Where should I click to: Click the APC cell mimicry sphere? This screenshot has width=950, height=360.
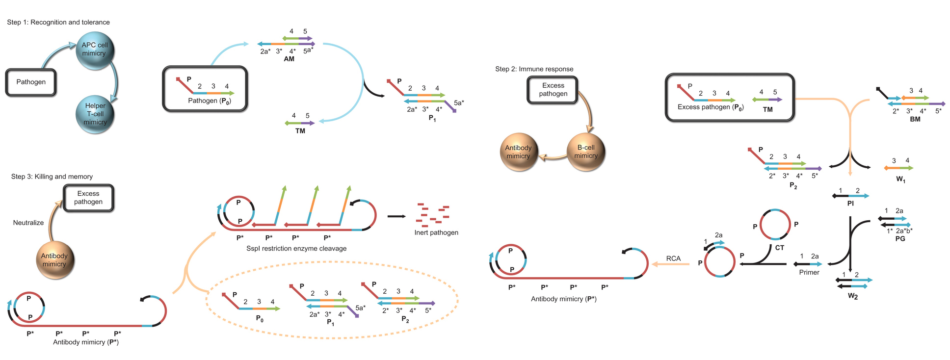point(95,50)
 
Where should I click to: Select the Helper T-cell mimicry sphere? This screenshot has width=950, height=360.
point(95,114)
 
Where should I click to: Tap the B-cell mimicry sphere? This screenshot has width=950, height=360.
point(586,152)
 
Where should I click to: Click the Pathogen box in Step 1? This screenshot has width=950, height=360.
point(31,82)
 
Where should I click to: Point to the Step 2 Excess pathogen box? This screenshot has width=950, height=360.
point(553,90)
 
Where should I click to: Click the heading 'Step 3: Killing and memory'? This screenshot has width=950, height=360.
point(52,177)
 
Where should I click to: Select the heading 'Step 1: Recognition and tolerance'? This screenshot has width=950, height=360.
point(58,22)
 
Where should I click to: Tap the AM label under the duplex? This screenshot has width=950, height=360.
point(289,59)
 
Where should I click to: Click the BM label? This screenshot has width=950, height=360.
point(915,119)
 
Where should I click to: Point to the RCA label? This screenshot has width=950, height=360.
point(673,258)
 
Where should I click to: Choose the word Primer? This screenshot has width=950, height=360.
point(809,272)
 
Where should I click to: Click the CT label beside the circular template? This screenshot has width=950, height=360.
point(780,248)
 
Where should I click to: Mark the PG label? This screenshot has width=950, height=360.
point(900,238)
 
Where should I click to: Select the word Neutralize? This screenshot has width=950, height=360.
point(28,223)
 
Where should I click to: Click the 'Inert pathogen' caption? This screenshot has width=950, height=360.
point(436,232)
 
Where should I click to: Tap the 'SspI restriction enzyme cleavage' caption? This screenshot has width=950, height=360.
point(296,249)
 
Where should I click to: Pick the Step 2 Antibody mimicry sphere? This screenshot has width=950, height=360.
point(518,152)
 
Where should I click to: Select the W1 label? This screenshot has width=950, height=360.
point(900,180)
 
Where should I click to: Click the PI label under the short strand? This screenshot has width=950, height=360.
point(850,203)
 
